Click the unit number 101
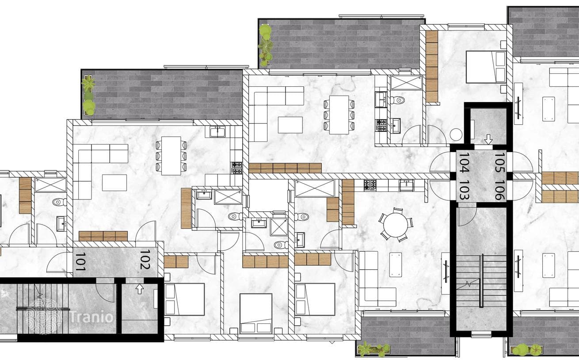point(80,262)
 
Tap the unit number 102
point(145,259)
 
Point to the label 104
point(464,163)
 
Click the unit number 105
point(499,163)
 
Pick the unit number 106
point(499,190)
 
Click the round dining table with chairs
point(396,225)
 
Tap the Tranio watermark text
point(91,317)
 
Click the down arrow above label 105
point(488,139)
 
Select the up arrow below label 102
point(140,289)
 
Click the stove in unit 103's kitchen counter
point(370,185)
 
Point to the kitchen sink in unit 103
point(406,185)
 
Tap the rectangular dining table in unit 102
point(171,156)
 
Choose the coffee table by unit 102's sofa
point(114,183)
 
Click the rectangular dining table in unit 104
point(339,115)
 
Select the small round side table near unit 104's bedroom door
point(456,135)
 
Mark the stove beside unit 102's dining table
point(236,168)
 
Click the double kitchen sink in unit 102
point(217,132)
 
